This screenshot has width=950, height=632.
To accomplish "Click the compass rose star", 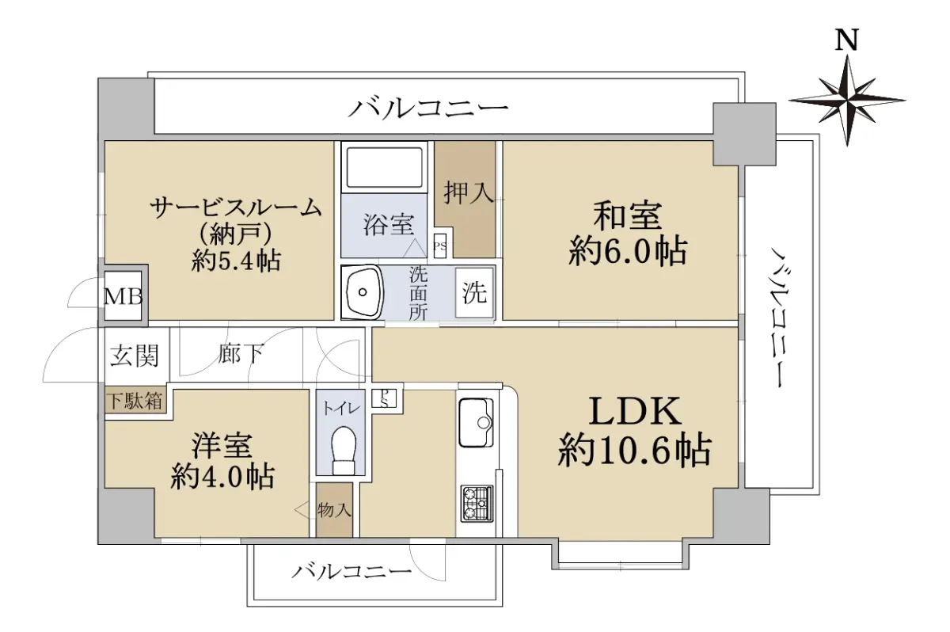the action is click(847, 101).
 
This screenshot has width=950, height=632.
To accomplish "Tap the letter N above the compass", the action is click(847, 40).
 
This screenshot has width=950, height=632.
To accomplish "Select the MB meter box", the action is click(123, 297).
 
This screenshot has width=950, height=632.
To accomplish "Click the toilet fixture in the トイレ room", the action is click(344, 450).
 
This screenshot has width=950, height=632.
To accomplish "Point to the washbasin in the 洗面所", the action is click(363, 291).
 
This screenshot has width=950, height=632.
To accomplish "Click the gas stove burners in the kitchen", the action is click(477, 503).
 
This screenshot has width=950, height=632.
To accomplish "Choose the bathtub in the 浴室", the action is click(385, 168).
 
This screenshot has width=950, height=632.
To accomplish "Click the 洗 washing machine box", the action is click(474, 293).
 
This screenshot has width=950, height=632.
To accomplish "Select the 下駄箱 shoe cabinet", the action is click(135, 401).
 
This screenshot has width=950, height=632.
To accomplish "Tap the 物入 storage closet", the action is click(335, 510).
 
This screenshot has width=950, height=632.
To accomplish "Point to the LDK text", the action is click(635, 410).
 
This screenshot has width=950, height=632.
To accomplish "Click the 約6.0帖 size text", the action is click(628, 252).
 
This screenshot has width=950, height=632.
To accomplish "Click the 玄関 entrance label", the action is click(135, 355).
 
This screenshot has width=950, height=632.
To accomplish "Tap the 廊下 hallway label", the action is click(241, 353).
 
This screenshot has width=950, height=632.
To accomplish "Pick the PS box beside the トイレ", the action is click(384, 398).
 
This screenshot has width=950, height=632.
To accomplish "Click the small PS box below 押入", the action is click(440, 246).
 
